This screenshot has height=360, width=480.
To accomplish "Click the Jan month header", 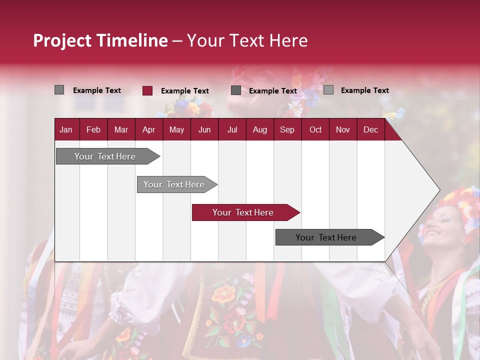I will click(x=66, y=129).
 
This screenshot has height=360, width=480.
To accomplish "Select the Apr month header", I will click(x=148, y=129).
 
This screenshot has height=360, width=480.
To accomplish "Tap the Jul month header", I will click(x=232, y=129).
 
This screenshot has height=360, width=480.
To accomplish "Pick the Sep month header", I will click(x=287, y=129).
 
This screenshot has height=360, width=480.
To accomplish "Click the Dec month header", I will click(x=370, y=129).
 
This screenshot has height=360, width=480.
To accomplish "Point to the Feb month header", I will click(x=93, y=129).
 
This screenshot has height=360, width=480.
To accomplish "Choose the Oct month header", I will click(x=315, y=129).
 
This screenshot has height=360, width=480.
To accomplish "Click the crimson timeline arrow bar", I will click(x=245, y=212).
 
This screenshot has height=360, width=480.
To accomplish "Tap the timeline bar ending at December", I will click(x=327, y=237).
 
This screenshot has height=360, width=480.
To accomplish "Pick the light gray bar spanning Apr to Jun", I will click(x=175, y=184).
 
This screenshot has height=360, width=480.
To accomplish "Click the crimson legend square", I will click(x=147, y=90).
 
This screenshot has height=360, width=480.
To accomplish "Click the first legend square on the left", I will click(x=59, y=90).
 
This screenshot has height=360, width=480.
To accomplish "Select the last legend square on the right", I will click(x=328, y=90).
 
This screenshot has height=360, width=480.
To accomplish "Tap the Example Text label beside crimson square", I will click(x=184, y=91).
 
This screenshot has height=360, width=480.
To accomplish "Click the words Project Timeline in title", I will click(x=100, y=40).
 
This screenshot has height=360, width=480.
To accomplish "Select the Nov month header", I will click(x=342, y=129).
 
